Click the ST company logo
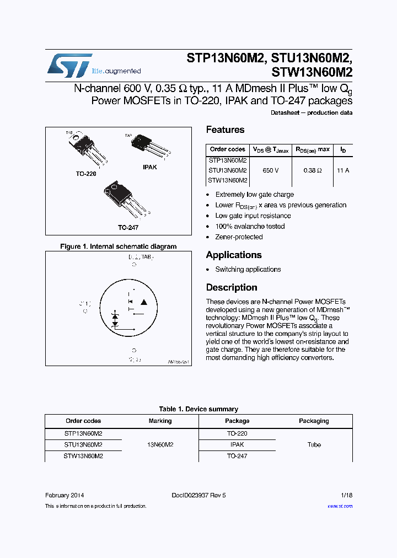coord(69,66)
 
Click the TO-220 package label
coord(86,174)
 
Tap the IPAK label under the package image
coord(149,167)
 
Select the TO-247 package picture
coord(120,200)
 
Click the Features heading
coord(225,130)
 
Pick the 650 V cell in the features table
coord(270,170)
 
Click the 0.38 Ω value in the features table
coord(312,170)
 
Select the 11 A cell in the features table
coord(343,170)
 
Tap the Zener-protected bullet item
coord(239,237)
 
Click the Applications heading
coord(233,255)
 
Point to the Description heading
coord(232,287)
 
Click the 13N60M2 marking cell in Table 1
coord(160,444)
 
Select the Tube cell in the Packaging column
coord(314,444)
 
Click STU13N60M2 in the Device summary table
coord(83,444)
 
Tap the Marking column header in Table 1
coord(160,421)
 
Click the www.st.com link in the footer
coord(340,506)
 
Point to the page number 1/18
coord(346,495)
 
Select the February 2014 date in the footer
coord(65,495)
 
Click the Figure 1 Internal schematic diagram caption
coord(118,246)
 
